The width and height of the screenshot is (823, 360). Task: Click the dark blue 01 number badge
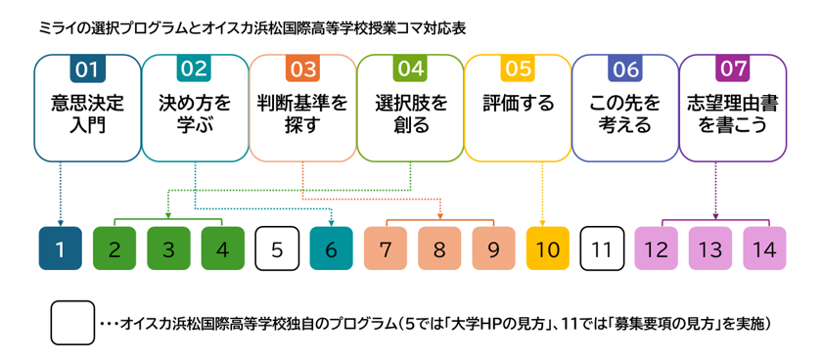[x=88, y=69]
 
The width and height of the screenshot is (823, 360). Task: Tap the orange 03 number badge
[x=302, y=69]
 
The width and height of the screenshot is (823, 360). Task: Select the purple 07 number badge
[x=733, y=69]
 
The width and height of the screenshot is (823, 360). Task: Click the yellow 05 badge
[x=518, y=69]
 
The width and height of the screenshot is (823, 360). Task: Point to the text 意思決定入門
[x=88, y=113]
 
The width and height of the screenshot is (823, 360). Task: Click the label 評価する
[x=518, y=104]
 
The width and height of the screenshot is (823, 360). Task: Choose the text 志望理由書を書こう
[x=733, y=113]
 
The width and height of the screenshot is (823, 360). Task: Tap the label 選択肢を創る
[x=410, y=113]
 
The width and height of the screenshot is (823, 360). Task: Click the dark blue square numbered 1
[x=61, y=248]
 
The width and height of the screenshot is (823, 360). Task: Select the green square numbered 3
[x=168, y=248]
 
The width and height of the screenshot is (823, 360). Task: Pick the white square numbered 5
[x=277, y=248]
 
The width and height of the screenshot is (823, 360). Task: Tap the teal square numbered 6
[x=331, y=248]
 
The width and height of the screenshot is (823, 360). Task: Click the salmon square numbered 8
[x=439, y=248]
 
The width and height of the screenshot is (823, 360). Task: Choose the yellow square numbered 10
[x=547, y=248]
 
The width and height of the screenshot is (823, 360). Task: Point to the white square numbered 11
[x=602, y=248]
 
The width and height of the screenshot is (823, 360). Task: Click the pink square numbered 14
[x=764, y=248]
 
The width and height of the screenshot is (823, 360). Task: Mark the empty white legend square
[x=72, y=323]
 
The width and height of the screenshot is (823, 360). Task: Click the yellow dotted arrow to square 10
[x=542, y=193]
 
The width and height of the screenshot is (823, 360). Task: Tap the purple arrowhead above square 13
[x=715, y=215]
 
